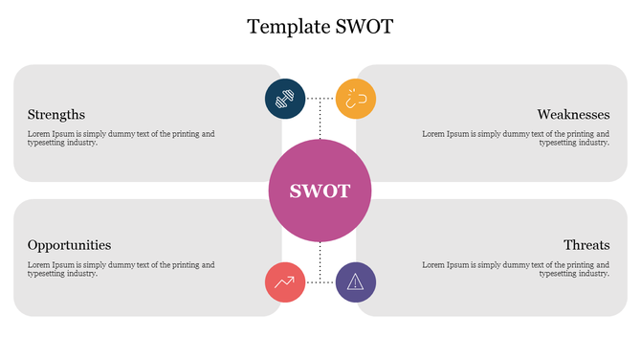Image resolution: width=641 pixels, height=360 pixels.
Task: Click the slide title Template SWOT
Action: point(320,26)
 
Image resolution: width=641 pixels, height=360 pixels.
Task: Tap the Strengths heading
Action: point(56,114)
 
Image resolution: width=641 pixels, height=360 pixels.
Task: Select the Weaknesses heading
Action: point(573,114)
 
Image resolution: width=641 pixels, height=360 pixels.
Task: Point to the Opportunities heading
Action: point(69,245)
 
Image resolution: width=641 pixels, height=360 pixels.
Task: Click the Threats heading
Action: point(586,245)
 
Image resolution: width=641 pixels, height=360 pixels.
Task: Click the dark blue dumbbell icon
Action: point(284,99)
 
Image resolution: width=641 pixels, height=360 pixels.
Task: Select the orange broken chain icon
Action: point(356,99)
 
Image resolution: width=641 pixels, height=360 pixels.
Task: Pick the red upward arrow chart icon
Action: point(284,281)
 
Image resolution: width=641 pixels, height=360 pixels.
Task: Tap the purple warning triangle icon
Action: point(356,281)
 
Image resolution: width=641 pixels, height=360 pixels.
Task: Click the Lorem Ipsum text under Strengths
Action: point(121,138)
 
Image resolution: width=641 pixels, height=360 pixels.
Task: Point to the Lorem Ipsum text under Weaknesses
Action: point(516,138)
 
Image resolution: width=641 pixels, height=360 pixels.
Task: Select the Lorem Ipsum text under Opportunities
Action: point(121,269)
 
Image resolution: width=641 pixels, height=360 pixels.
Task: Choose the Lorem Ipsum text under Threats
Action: point(516,269)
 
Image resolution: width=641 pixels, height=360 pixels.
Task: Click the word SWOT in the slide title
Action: point(364,26)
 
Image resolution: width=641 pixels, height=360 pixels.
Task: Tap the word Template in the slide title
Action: point(288,26)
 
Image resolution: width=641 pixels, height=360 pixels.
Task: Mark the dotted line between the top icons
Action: point(320,98)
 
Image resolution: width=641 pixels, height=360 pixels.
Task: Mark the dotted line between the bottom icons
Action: point(320,281)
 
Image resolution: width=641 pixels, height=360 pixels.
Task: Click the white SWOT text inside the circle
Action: point(320,191)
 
